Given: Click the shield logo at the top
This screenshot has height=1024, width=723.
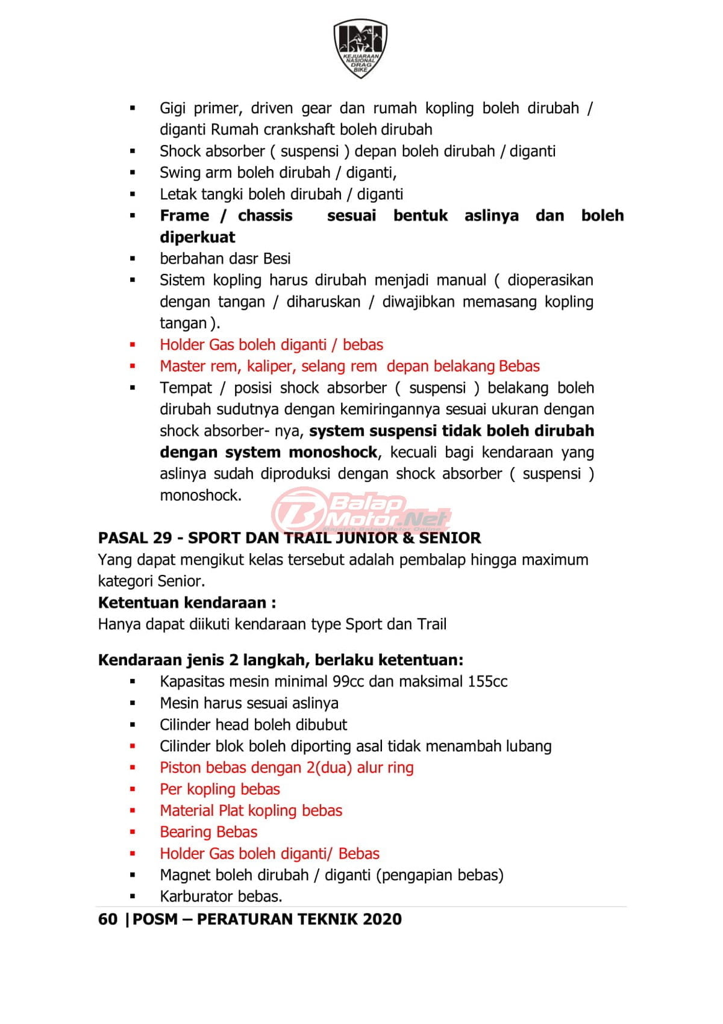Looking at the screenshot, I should point(360,48).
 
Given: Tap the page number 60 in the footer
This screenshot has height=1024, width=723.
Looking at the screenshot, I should point(107,919).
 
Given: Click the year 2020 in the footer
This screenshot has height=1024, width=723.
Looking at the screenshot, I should point(382,919).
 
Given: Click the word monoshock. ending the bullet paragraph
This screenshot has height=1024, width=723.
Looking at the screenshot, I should point(201,495).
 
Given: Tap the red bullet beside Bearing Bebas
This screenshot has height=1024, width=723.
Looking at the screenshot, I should point(133,832).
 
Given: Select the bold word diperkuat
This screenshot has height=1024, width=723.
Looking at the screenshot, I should point(198,237).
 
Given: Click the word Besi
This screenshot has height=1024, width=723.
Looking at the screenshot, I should point(277,259).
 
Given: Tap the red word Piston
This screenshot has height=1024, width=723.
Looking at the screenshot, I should point(179,768).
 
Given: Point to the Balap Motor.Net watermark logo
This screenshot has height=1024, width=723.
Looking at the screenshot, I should point(361,510).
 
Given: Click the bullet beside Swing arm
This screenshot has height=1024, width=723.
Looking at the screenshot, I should point(133,173).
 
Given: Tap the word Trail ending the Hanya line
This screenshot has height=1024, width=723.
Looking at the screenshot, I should point(431,624).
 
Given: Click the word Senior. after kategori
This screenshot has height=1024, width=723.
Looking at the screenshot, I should point(181,581).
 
